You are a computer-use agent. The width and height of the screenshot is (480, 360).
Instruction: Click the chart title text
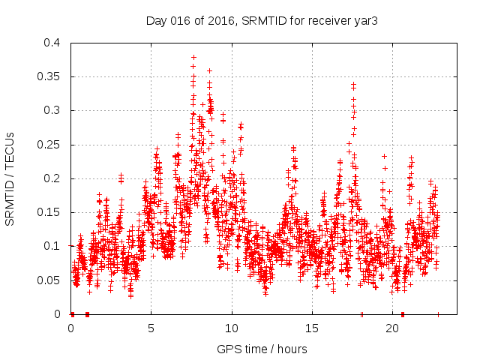[261, 21]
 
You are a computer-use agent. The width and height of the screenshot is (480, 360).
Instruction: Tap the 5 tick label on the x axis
[151, 328]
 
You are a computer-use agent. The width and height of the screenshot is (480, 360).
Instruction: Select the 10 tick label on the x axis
[232, 328]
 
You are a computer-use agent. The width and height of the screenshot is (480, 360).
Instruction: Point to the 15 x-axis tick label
[312, 328]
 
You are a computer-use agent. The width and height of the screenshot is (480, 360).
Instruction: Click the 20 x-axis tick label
[392, 328]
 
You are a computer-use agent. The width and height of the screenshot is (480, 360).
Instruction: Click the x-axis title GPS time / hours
[262, 349]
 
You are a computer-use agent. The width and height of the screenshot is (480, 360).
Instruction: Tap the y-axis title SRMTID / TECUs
[10, 178]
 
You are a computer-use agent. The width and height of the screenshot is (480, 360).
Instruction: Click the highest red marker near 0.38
[193, 57]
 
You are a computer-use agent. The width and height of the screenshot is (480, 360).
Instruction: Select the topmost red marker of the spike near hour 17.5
[353, 85]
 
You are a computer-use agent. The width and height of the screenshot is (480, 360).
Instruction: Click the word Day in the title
[155, 21]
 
